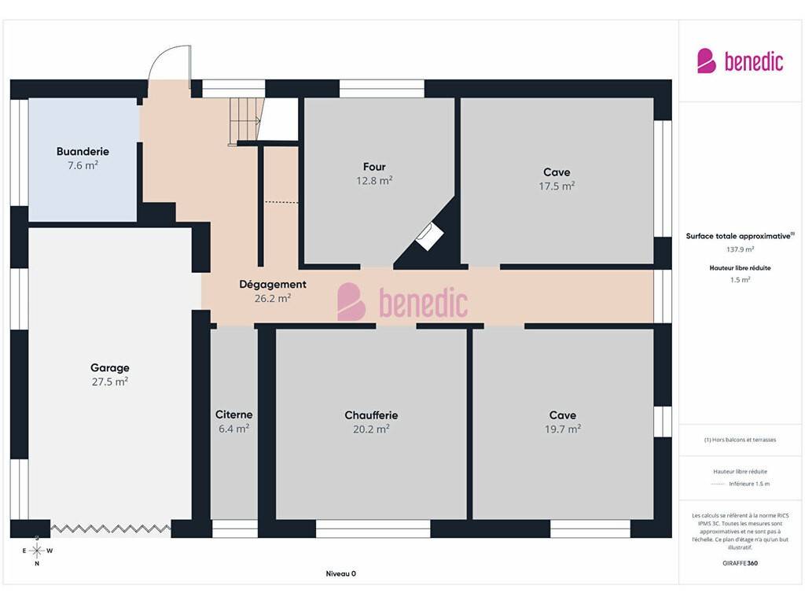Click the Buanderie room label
click(x=83, y=152)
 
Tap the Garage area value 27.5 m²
click(x=110, y=381)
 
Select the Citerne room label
click(x=234, y=414)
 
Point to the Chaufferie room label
click(x=371, y=415)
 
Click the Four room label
click(x=374, y=167)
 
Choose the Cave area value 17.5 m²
click(x=557, y=186)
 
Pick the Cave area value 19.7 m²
click(x=563, y=429)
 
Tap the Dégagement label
click(x=273, y=284)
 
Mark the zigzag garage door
click(x=110, y=528)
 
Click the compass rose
click(x=37, y=551)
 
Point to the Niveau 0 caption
click(x=341, y=573)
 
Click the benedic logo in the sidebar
click(x=740, y=61)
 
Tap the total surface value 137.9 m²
click(x=741, y=249)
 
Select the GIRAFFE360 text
click(x=741, y=563)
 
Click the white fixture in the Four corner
click(x=429, y=236)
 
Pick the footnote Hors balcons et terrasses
click(x=741, y=440)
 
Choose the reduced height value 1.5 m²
click(x=741, y=280)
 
